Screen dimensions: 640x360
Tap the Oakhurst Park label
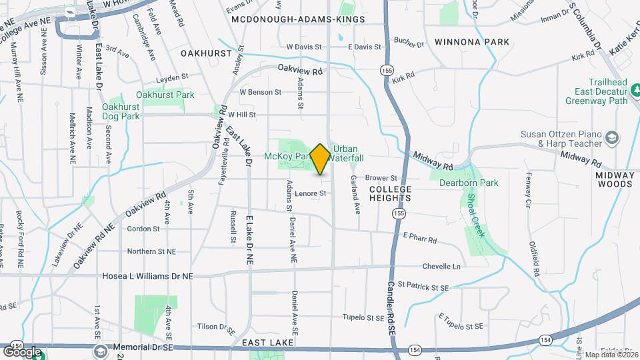click(165, 95)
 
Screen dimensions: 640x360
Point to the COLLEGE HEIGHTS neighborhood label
click(391, 194)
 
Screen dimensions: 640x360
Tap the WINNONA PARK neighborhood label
click(471, 42)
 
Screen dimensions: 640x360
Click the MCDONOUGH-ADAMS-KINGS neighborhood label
click(299, 19)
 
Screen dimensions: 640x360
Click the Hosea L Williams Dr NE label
click(147, 275)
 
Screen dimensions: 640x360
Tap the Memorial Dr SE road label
click(143, 347)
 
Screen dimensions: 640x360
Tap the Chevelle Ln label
click(441, 266)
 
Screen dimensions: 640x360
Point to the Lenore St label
click(311, 193)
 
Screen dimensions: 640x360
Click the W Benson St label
click(257, 91)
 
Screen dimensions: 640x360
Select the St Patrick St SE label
click(424, 285)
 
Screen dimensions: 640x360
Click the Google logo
click(22, 352)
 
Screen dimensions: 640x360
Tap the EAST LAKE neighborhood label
click(263, 342)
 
